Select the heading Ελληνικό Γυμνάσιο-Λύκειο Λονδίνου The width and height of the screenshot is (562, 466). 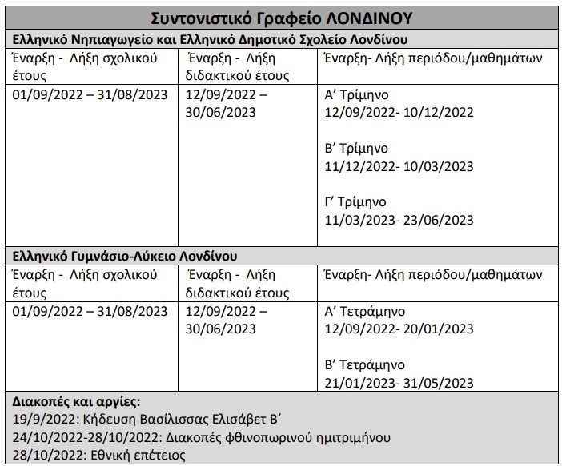click(x=125, y=257)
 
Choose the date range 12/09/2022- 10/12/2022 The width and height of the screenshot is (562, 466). click(x=398, y=112)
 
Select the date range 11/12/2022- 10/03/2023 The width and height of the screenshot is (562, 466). click(x=398, y=166)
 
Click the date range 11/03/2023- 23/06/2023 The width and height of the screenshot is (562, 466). click(x=398, y=220)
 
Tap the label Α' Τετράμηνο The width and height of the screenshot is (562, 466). click(x=364, y=311)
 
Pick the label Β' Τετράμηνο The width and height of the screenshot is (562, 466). click(x=364, y=365)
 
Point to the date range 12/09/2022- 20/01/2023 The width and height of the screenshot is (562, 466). click(x=398, y=329)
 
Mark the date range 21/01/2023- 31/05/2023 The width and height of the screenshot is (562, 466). click(x=398, y=383)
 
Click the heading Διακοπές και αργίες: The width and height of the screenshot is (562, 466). click(x=77, y=402)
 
